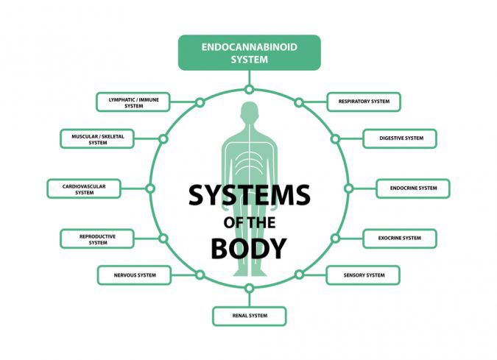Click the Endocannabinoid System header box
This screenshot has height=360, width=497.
pos(250,52)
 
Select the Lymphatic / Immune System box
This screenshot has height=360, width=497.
pos(133,102)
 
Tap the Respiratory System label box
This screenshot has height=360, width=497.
pos(364,102)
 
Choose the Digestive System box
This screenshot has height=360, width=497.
pos(400,138)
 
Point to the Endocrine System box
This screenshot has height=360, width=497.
pos(413,188)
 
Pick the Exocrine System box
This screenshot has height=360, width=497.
pos(400,239)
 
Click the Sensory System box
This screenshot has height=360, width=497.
pos(363,275)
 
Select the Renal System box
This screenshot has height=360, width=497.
pos(250,316)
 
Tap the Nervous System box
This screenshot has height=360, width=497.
pos(135,275)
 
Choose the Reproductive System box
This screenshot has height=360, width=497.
pos(97,239)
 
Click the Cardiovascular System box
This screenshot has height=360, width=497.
pos(84,188)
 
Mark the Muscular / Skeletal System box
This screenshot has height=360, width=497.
pos(97,138)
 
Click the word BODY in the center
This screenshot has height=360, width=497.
pos(249,248)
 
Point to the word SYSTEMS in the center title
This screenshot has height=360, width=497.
pos(250,195)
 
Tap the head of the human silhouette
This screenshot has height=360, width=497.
pos(250,111)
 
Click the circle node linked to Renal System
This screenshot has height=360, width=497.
pos(250,289)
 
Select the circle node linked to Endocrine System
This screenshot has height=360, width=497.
pos(349,188)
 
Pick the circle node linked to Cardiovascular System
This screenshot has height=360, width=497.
pos(150,188)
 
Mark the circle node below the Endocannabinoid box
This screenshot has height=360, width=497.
pos(250,90)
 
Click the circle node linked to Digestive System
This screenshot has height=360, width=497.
pos(335,139)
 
